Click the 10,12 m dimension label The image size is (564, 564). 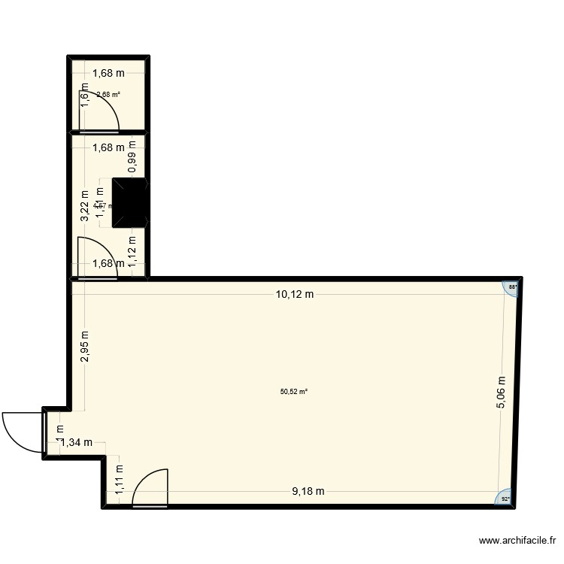pos(294,294)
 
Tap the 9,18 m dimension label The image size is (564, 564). pos(308,492)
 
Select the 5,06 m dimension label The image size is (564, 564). pos(501,393)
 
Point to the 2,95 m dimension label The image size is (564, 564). pos(85,347)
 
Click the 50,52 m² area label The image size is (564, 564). pos(294,391)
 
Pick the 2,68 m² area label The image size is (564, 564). pos(108,95)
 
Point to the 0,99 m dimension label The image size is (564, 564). pos(132,157)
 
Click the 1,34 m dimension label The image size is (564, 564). pos(76,442)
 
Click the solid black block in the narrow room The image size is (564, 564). pos(130,202)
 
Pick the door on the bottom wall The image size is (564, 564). pos(150,488)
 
